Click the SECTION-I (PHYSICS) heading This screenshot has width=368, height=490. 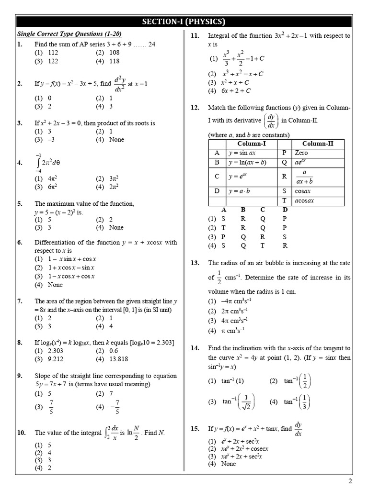tap(184, 22)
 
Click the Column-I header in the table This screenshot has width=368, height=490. tap(252, 144)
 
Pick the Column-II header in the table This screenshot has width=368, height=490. tap(318, 144)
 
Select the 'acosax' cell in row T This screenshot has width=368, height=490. tap(305, 200)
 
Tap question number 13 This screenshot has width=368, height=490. tap(195, 263)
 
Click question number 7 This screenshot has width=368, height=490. tap(20, 301)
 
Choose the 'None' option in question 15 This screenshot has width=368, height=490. tap(229, 463)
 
